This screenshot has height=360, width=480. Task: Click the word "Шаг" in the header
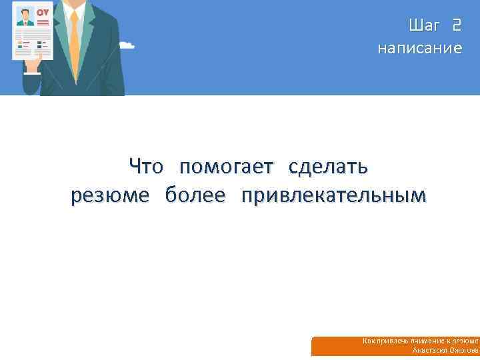(424, 26)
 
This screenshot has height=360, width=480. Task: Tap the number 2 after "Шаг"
(456, 26)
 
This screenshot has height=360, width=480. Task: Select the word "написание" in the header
(419, 48)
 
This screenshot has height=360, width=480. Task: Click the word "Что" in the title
(145, 166)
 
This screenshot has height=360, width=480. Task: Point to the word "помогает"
(226, 166)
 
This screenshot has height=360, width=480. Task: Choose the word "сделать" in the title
(328, 166)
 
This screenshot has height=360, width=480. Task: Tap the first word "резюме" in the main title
(109, 195)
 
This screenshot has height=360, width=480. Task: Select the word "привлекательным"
(333, 195)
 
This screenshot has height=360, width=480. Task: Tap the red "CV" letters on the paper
(43, 13)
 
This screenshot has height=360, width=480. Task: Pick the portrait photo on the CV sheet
(25, 17)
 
